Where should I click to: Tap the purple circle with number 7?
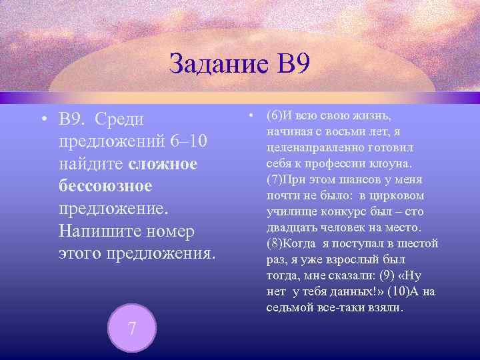click(x=132, y=328)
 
